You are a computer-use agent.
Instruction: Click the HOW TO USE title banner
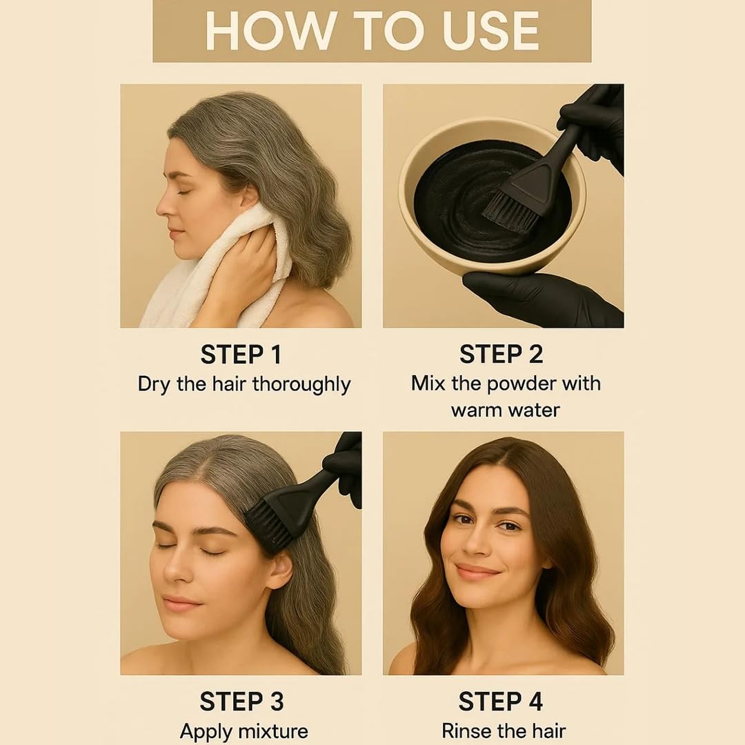(x=372, y=30)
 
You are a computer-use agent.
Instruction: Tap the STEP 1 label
(x=241, y=355)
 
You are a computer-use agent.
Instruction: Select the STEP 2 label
(x=501, y=355)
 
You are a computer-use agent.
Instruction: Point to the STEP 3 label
(x=241, y=702)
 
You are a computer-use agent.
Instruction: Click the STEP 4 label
(x=501, y=702)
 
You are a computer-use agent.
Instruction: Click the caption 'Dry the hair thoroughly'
(x=244, y=384)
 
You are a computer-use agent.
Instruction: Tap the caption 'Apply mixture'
(x=244, y=731)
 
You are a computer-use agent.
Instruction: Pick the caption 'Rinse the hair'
(x=504, y=731)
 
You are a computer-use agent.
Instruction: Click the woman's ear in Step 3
(x=279, y=570)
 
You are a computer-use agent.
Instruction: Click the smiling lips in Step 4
(x=477, y=572)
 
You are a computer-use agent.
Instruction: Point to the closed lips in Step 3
(x=181, y=603)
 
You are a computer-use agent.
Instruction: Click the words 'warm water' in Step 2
(x=505, y=410)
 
